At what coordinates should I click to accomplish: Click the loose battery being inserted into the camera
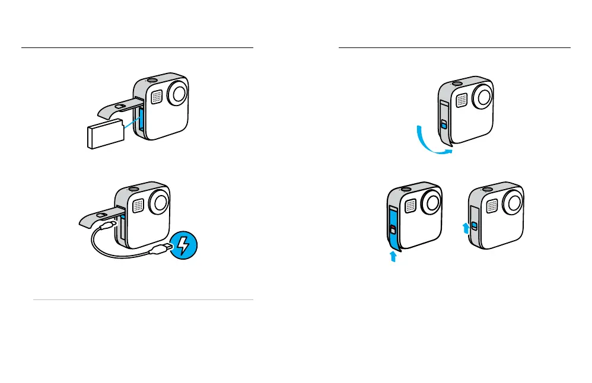pyautogui.click(x=104, y=134)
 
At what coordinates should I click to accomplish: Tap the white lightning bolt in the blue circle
pyautogui.click(x=184, y=245)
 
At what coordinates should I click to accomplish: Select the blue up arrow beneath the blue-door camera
pyautogui.click(x=392, y=257)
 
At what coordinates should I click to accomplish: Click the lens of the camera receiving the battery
pyautogui.click(x=179, y=94)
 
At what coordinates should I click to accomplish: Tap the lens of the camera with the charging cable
pyautogui.click(x=160, y=202)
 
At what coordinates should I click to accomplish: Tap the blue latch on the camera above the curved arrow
pyautogui.click(x=443, y=124)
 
